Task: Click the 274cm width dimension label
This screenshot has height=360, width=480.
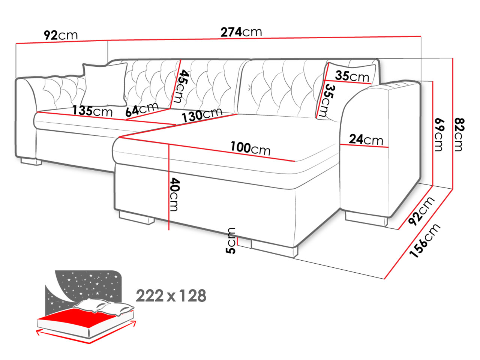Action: click(241, 32)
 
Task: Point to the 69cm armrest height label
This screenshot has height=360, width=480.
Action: click(438, 134)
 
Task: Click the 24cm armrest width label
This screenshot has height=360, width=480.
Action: click(366, 139)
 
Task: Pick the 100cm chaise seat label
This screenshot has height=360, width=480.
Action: click(250, 148)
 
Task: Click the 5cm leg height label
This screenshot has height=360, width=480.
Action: click(231, 241)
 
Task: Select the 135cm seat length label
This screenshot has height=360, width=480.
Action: click(92, 111)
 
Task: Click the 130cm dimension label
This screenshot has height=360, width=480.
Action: click(202, 115)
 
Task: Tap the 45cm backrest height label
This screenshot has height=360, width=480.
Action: click(181, 86)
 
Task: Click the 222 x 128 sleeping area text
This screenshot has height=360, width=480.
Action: click(171, 296)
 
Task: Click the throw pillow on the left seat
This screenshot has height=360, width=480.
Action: click(104, 85)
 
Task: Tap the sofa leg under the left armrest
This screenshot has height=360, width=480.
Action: click(31, 162)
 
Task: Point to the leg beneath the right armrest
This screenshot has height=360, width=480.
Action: click(366, 219)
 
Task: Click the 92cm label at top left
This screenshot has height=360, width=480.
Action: click(61, 35)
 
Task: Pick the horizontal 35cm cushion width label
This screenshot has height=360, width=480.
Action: click(352, 76)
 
